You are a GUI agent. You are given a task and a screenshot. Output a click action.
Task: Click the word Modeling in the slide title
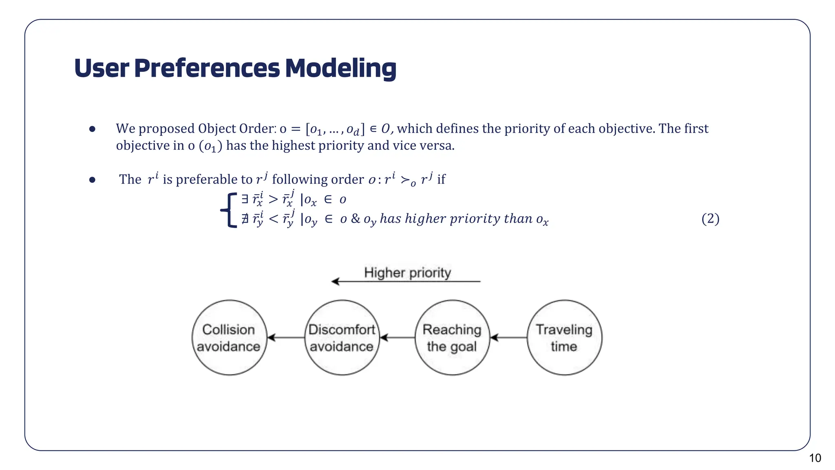pos(340,68)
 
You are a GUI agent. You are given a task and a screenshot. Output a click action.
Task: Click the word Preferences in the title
pos(207,68)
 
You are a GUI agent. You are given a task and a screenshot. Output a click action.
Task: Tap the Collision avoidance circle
pos(229,338)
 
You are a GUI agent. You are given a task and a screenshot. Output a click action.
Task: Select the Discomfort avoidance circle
pos(342,338)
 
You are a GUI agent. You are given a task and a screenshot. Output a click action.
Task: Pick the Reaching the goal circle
pos(452,338)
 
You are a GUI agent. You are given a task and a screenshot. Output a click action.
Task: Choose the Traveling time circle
pos(564,338)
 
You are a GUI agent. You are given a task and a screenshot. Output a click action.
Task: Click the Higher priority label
pos(407,273)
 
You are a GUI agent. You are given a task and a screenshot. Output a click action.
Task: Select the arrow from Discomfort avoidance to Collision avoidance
pos(286,338)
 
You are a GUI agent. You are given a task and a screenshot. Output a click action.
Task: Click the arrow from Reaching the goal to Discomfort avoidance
pos(397,338)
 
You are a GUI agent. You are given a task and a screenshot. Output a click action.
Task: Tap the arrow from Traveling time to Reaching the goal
pos(508,338)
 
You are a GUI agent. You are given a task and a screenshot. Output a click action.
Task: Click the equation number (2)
pos(710,219)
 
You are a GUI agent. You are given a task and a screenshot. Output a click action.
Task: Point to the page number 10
pos(815,458)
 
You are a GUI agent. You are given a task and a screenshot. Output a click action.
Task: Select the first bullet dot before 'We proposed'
pos(92,129)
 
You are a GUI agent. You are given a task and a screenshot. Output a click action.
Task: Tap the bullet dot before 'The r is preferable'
pos(92,180)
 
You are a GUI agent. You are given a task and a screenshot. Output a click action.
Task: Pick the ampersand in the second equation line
pos(355,219)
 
